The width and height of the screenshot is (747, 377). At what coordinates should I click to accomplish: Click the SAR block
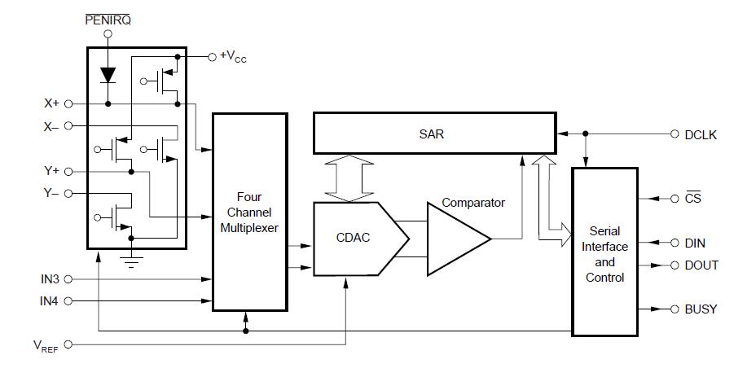[x=434, y=134]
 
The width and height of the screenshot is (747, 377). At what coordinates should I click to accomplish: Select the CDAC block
[x=361, y=239]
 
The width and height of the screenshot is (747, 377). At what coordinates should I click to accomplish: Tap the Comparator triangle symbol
[x=459, y=239]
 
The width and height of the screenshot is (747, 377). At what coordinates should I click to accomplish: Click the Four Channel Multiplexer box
[x=249, y=213]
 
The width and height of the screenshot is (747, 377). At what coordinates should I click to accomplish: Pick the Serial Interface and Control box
[x=604, y=252]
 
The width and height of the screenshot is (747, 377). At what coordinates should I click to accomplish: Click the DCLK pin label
[x=701, y=135]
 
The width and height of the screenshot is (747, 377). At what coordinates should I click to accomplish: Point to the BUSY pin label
[x=701, y=309]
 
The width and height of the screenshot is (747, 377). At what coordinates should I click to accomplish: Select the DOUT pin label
[x=701, y=265]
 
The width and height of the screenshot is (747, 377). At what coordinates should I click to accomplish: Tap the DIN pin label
[x=695, y=243]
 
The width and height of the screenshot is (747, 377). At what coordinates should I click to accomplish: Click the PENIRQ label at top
[x=108, y=20]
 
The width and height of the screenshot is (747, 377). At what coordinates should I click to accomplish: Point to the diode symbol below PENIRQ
[x=108, y=75]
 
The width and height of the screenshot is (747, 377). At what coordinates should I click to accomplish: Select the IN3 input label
[x=50, y=279]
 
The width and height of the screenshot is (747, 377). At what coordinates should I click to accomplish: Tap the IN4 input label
[x=50, y=301]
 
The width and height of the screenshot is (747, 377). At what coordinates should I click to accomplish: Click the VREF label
[x=46, y=346]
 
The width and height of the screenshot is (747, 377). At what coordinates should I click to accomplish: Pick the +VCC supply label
[x=234, y=57]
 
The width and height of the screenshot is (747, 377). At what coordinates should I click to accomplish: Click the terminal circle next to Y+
[x=68, y=171]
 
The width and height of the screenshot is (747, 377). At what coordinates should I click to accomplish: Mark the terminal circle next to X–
[x=68, y=125]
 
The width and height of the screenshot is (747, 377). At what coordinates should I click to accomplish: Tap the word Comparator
[x=473, y=203]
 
